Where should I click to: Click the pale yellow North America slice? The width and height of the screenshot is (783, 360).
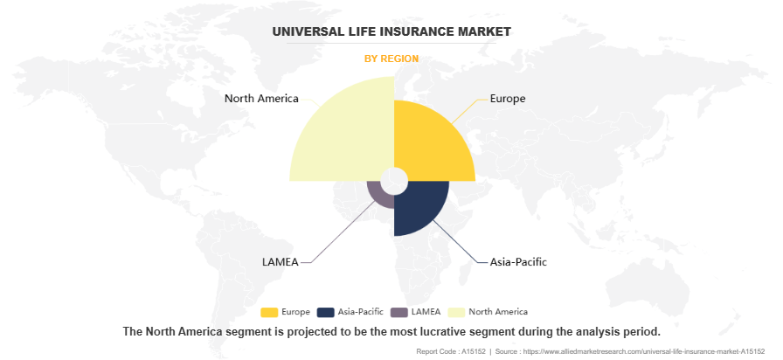(336, 131)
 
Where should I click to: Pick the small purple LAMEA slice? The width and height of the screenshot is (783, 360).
(378, 194)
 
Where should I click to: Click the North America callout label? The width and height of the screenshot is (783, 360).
(261, 98)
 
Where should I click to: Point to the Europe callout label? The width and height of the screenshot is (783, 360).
(508, 98)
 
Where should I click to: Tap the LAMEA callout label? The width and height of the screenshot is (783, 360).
(281, 261)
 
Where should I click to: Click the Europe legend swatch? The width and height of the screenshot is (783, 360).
(270, 312)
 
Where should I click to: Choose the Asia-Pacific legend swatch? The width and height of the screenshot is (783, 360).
(326, 312)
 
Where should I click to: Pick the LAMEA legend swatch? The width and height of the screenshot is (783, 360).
(399, 312)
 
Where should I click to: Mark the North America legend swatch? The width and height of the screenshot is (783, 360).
(455, 312)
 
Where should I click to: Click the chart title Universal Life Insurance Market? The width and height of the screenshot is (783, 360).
(391, 31)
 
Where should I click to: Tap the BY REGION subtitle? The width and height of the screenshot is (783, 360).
(391, 59)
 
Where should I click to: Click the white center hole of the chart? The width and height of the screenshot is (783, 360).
(394, 181)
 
